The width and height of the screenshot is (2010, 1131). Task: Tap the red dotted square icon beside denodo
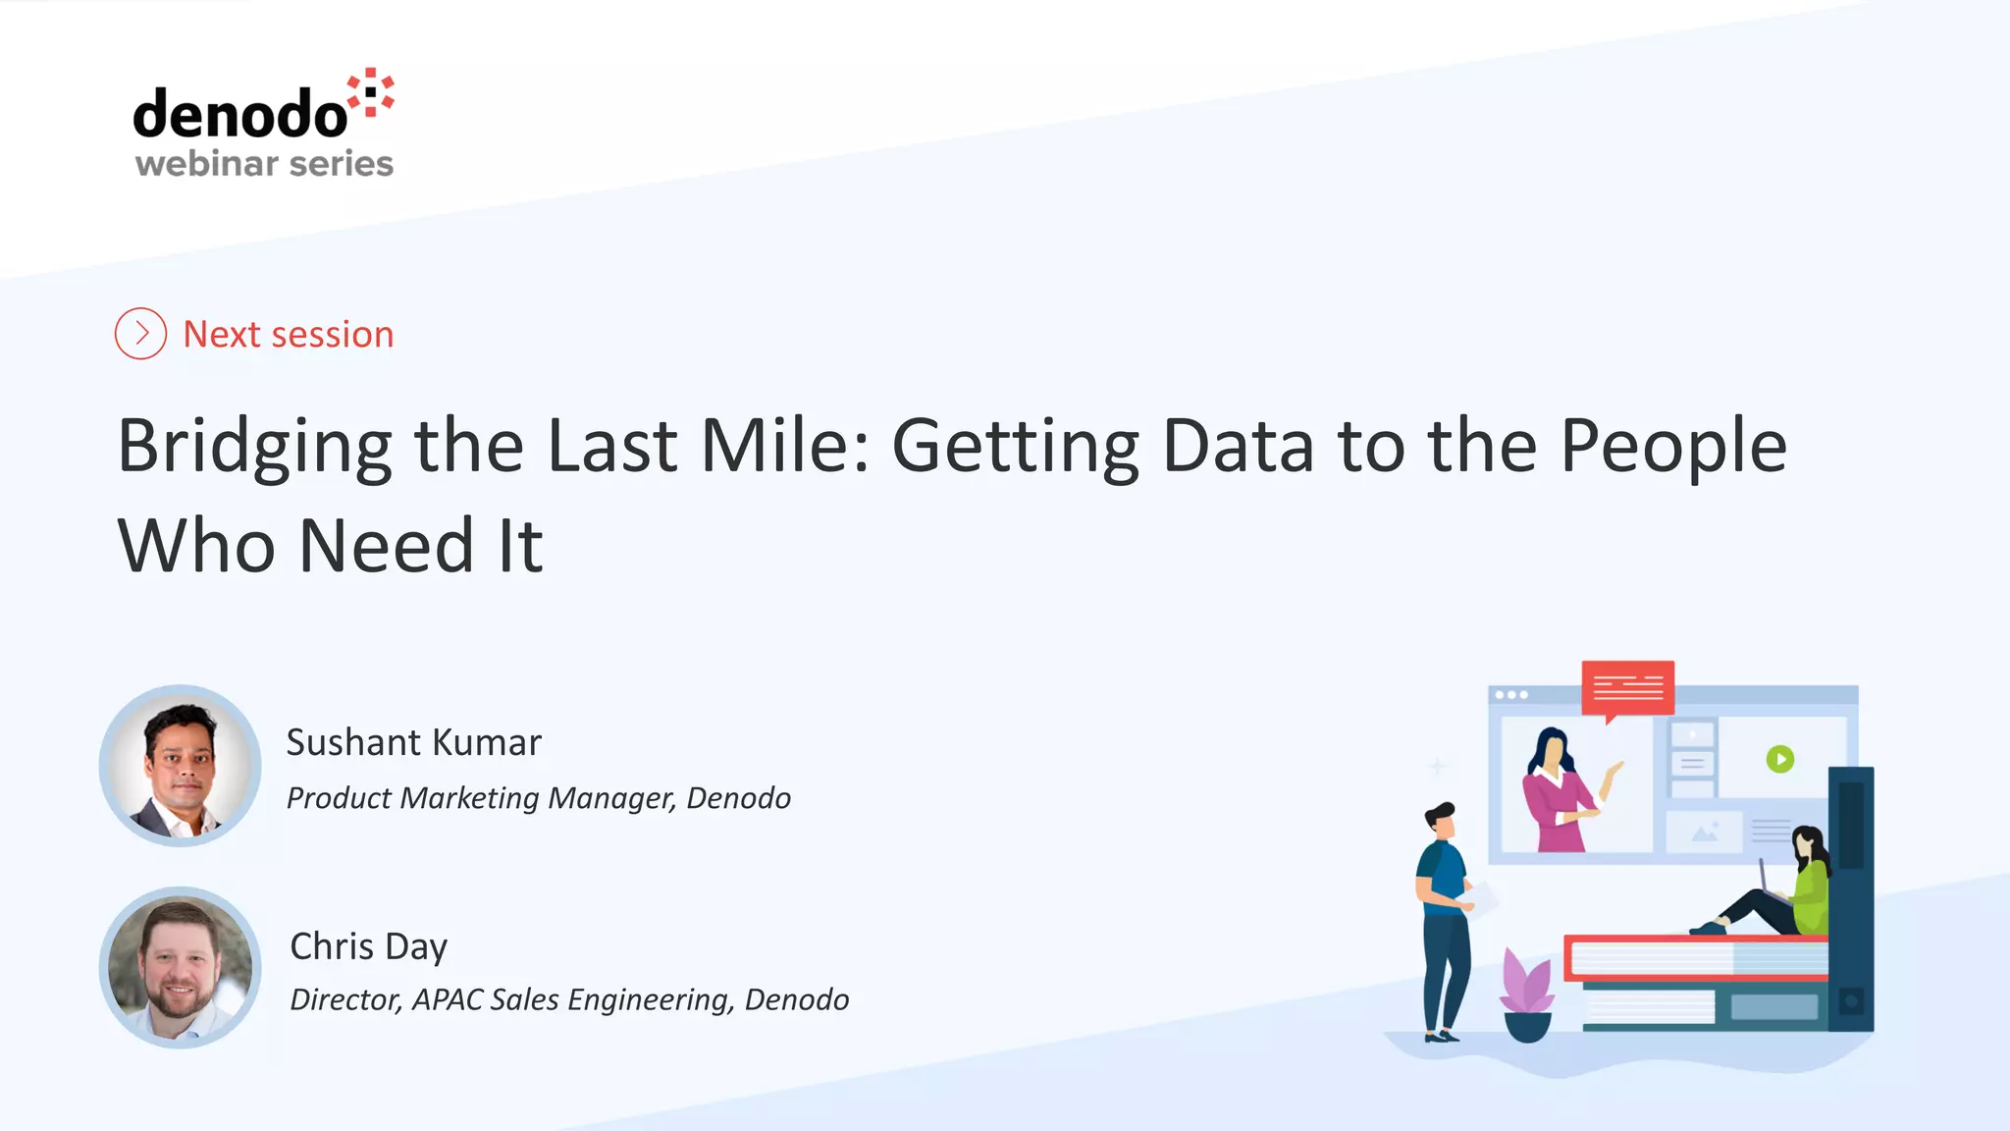click(x=372, y=92)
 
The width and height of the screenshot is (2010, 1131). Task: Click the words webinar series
click(x=264, y=163)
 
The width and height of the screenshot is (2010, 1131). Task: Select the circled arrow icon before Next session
click(x=140, y=334)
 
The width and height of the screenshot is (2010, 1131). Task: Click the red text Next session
click(x=289, y=335)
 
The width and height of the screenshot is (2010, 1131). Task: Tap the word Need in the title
click(x=387, y=546)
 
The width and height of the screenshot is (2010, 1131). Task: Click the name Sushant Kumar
click(x=413, y=742)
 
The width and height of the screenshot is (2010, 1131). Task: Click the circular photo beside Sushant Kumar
click(x=181, y=766)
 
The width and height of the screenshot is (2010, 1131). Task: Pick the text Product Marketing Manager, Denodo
click(x=538, y=798)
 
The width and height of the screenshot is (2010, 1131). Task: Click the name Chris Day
click(x=369, y=946)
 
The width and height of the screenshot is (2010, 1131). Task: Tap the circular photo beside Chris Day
click(x=181, y=968)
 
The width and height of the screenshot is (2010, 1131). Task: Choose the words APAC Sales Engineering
click(x=572, y=999)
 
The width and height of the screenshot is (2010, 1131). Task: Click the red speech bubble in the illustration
click(x=1627, y=687)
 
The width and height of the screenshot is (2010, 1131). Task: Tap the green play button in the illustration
click(x=1779, y=759)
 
